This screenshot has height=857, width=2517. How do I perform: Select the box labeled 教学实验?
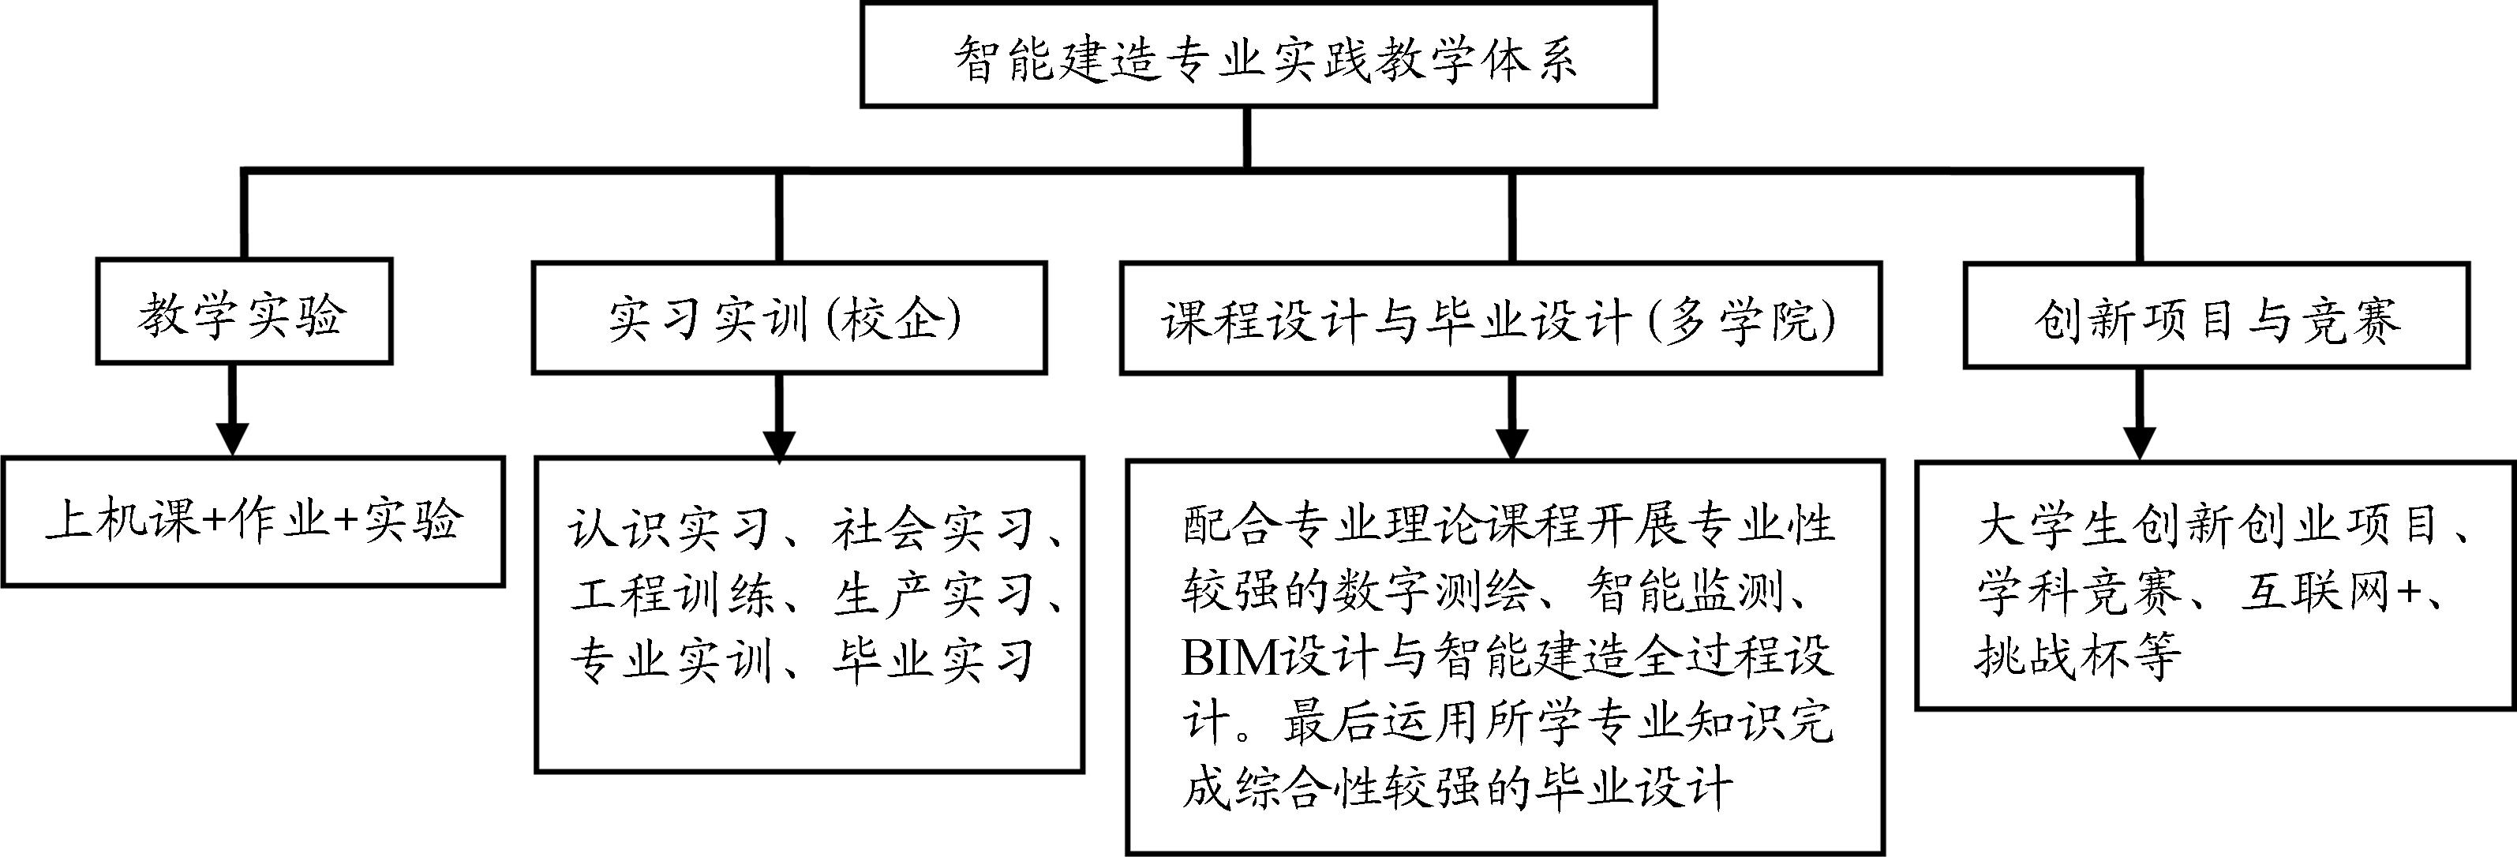tap(243, 312)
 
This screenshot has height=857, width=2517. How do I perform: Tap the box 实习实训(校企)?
tap(788, 317)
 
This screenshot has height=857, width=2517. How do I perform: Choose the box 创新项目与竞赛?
tap(2216, 316)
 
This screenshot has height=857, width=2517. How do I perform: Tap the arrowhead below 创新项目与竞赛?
tap(2139, 443)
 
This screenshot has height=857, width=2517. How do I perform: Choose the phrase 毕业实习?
tap(933, 660)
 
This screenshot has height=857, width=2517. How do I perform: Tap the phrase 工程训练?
tap(671, 594)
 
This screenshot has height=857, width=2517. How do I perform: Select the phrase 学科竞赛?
tap(2078, 591)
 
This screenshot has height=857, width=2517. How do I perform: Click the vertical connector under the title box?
tap(1247, 137)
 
